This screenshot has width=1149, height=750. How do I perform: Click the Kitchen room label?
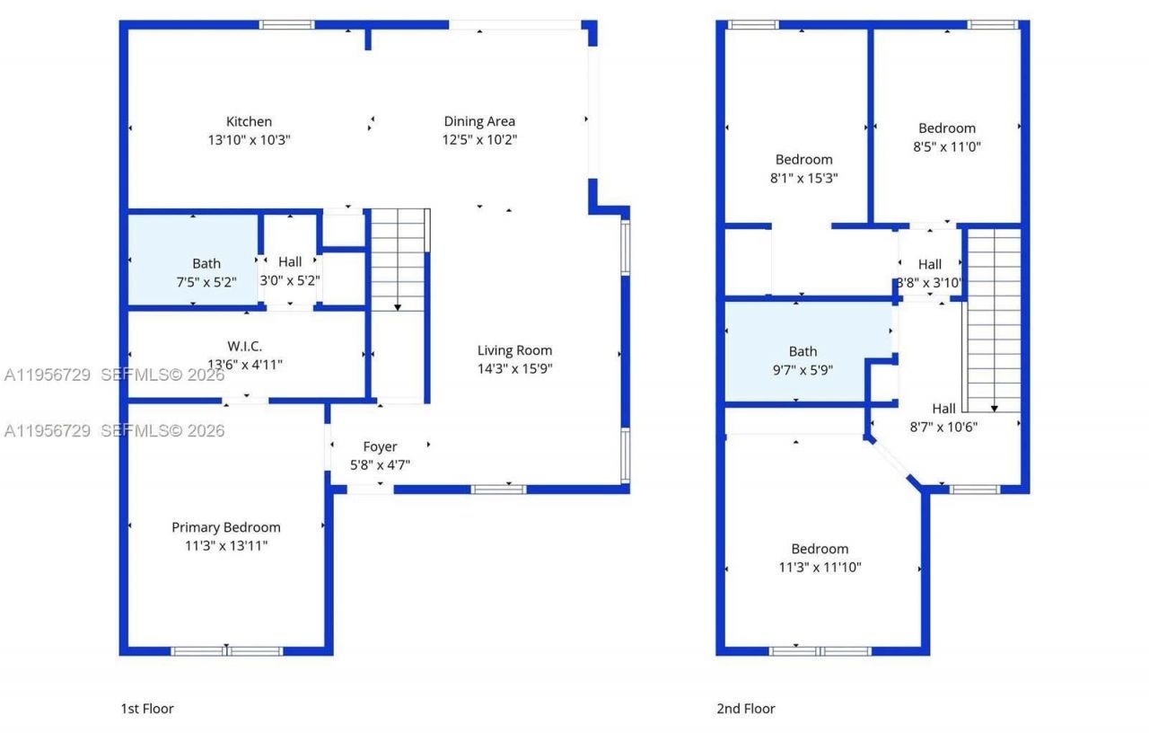[x=249, y=121]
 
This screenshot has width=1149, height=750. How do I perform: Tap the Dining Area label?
[x=479, y=121]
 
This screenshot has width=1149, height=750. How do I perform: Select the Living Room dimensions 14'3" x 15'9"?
[x=514, y=368]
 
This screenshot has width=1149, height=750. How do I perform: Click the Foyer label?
[x=380, y=446]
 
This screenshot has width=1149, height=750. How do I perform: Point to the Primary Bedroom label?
[x=226, y=527]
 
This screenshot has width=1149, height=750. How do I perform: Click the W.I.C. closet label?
[x=244, y=346]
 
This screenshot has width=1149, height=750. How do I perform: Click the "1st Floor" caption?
[x=147, y=709]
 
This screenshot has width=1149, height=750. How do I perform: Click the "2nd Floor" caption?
[x=745, y=709]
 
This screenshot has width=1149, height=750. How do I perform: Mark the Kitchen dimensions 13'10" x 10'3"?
[x=249, y=140]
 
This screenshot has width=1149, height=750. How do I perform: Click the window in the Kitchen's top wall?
[x=287, y=24]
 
